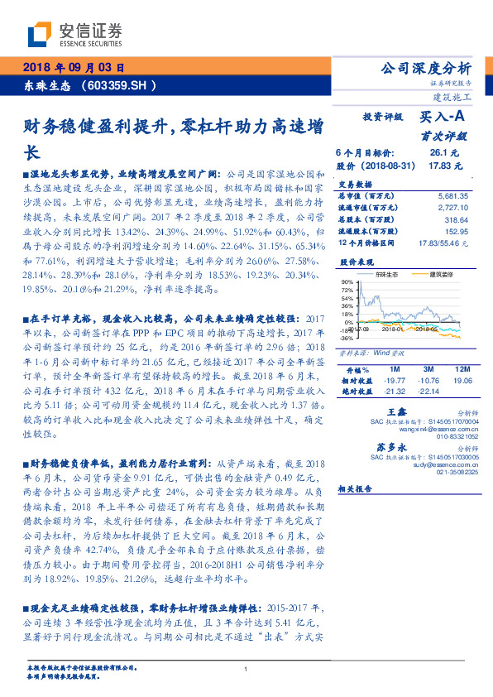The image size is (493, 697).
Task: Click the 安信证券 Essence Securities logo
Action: tap(74, 34)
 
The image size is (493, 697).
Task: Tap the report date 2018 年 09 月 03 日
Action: tap(73, 68)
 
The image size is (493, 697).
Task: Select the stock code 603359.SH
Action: tap(118, 84)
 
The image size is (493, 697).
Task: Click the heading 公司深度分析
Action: tap(423, 67)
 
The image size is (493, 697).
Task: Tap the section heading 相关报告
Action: tap(357, 488)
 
